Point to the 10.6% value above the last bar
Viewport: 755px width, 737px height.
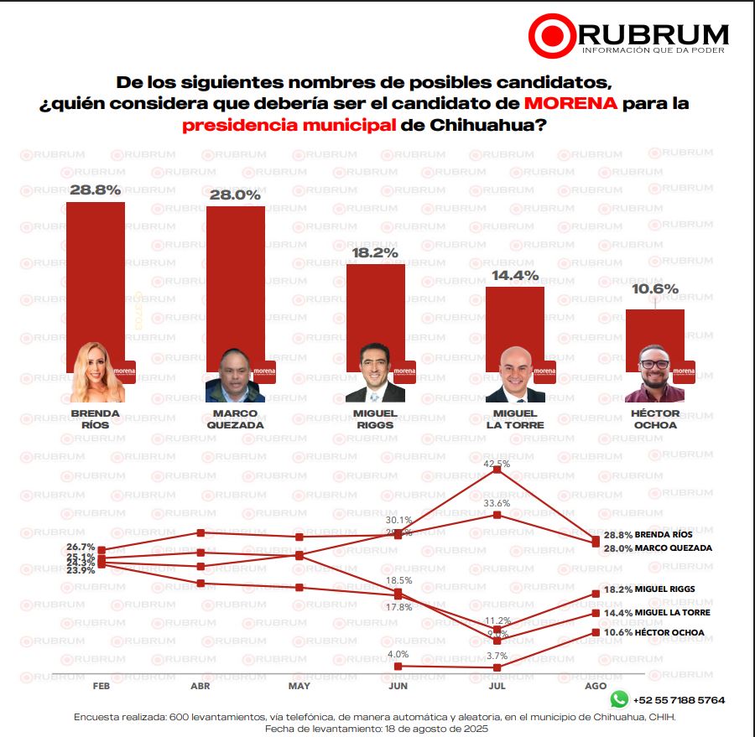[655, 289]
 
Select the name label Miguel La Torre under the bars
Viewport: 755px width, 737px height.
[515, 418]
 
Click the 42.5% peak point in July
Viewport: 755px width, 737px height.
[497, 470]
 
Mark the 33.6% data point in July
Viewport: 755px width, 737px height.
[497, 515]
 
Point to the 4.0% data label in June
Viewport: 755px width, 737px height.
[398, 654]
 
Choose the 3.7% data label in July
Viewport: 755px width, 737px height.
[497, 656]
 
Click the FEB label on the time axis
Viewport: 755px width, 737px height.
[102, 686]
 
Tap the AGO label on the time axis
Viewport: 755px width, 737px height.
[595, 686]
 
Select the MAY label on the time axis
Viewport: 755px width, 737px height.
[299, 686]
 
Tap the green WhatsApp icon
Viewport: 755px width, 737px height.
[619, 698]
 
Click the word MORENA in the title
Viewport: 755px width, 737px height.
[570, 104]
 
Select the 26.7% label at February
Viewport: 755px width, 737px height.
[81, 547]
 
